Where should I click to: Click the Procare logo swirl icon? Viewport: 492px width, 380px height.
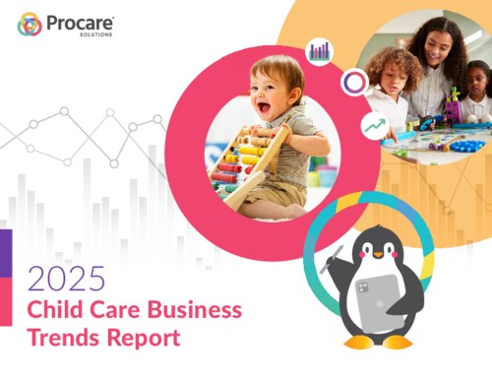coord(30,25)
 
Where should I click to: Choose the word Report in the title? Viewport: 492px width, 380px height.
coord(149,340)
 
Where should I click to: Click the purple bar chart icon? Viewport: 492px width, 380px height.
coord(319,50)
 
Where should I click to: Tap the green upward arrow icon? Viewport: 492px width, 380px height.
coord(372,125)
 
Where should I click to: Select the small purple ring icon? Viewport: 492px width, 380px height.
coord(352,82)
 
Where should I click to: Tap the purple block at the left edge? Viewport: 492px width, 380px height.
coord(5,251)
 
